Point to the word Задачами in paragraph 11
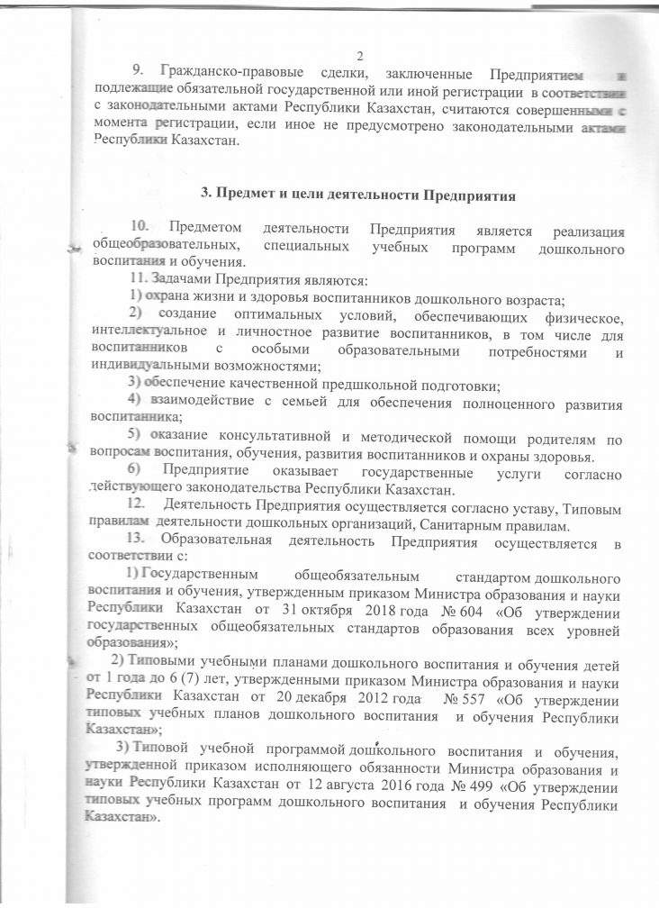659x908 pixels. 174,277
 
